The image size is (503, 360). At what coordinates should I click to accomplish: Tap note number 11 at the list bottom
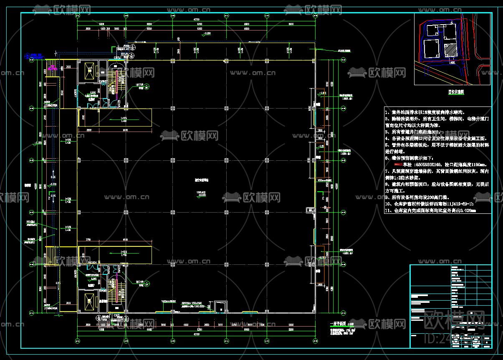tap(434, 211)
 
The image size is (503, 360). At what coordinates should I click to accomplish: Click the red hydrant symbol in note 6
tap(396, 165)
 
